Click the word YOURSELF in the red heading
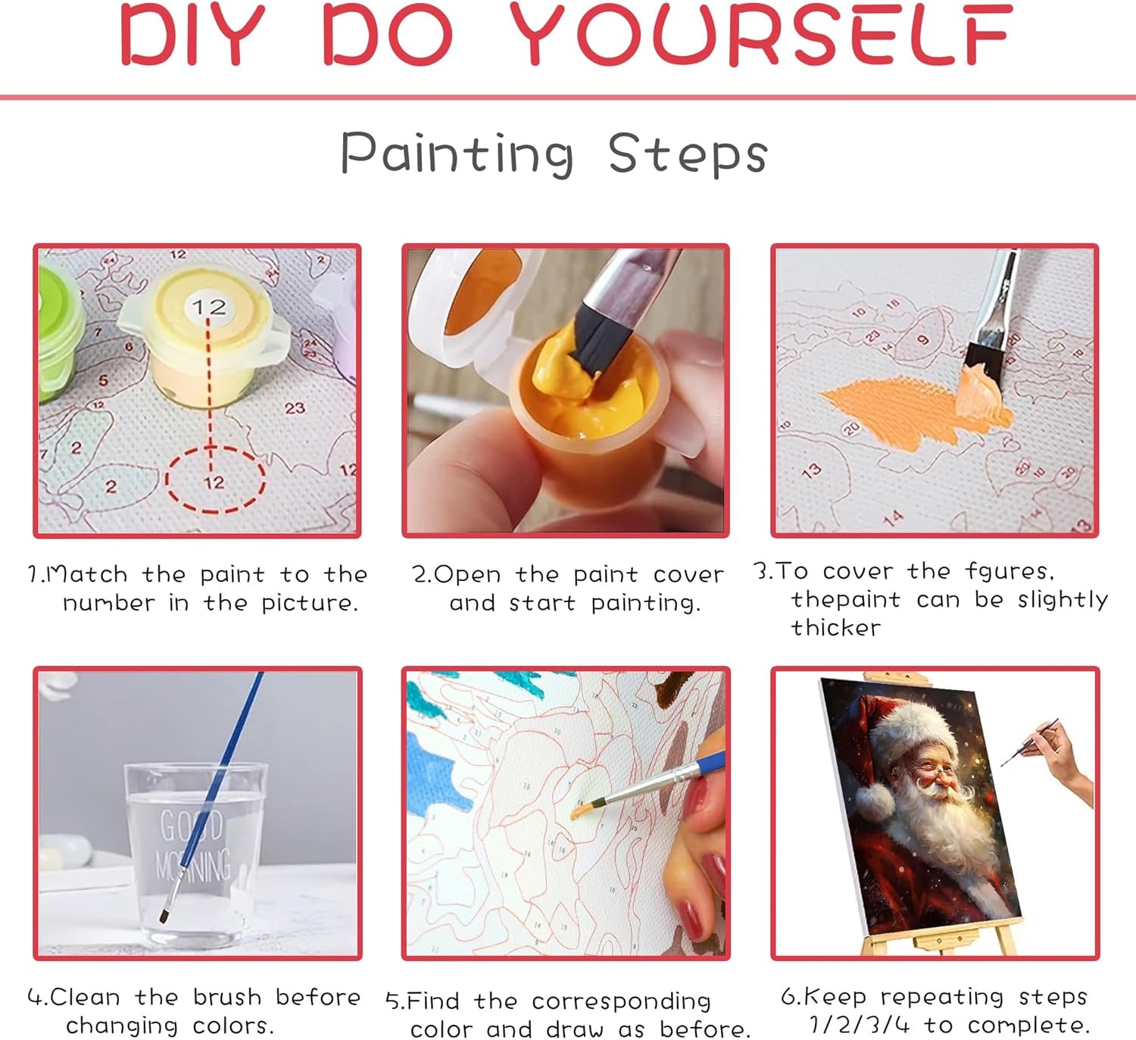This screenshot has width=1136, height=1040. point(761,34)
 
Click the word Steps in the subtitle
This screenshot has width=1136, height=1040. point(688,154)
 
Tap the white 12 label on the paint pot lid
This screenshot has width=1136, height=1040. point(209,308)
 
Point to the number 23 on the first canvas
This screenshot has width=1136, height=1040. point(295,408)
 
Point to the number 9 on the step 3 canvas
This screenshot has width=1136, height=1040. point(922,339)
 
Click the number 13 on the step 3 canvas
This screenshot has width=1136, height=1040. point(811,470)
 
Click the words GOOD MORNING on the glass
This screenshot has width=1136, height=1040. point(192,845)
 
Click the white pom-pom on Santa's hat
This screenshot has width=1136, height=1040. point(875,802)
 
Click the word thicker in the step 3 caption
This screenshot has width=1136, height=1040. point(836,628)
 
